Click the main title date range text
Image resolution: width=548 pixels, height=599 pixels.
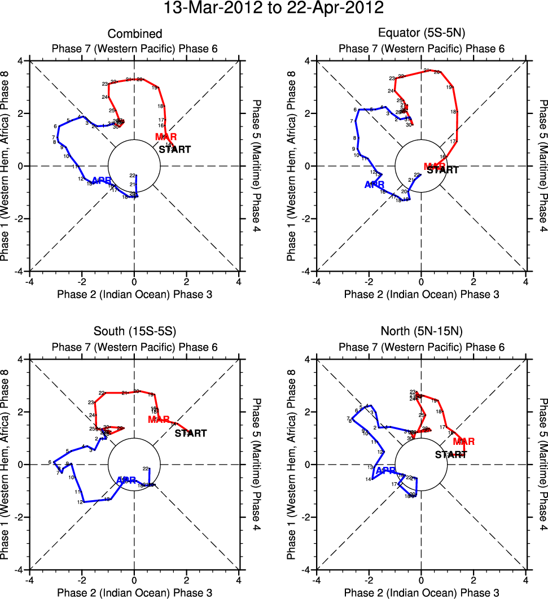(x=274, y=8)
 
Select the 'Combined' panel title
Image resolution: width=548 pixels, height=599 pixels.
(x=134, y=34)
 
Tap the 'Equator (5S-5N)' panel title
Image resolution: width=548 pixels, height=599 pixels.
(x=421, y=34)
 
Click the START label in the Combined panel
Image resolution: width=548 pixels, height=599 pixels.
(x=175, y=150)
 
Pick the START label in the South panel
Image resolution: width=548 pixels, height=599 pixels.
(x=191, y=434)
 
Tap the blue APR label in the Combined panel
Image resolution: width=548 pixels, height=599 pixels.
(x=102, y=181)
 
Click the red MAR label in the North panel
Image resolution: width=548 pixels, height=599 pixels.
(x=464, y=441)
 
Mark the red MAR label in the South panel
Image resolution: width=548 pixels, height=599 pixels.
(x=159, y=419)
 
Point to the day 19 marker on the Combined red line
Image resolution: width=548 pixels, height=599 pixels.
(x=154, y=88)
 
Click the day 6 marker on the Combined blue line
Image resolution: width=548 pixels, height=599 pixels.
(x=55, y=126)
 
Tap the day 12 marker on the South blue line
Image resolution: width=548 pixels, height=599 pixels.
(x=80, y=502)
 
